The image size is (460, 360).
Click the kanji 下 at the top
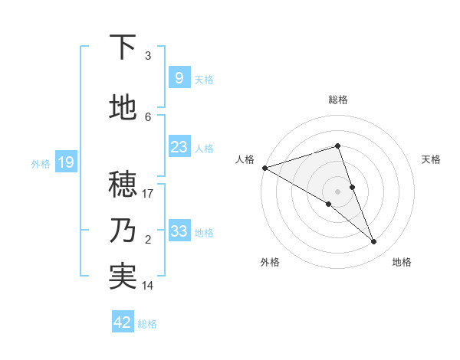[x=123, y=47]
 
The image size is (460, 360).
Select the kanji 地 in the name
[x=123, y=108]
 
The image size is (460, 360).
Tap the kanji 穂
[x=123, y=185]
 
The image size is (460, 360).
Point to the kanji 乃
[x=123, y=231]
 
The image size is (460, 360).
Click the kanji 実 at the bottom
[x=123, y=277]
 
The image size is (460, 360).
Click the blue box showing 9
[x=179, y=78]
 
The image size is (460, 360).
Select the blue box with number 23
[x=179, y=147]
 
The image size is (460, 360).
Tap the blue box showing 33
[x=179, y=231]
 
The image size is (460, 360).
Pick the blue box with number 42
[x=123, y=322]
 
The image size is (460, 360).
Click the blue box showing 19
[x=66, y=162]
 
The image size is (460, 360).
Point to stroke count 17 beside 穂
[x=148, y=194]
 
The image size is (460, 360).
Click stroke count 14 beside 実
[x=148, y=286]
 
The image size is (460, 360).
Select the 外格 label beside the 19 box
[x=41, y=163]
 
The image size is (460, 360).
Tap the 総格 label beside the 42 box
[x=147, y=324]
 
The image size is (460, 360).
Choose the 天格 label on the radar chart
[x=431, y=159]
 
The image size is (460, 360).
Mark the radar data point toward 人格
[x=264, y=168]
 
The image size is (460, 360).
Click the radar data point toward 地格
[x=374, y=241]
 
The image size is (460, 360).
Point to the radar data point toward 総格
[x=337, y=146]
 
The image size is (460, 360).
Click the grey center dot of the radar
[x=337, y=191]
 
